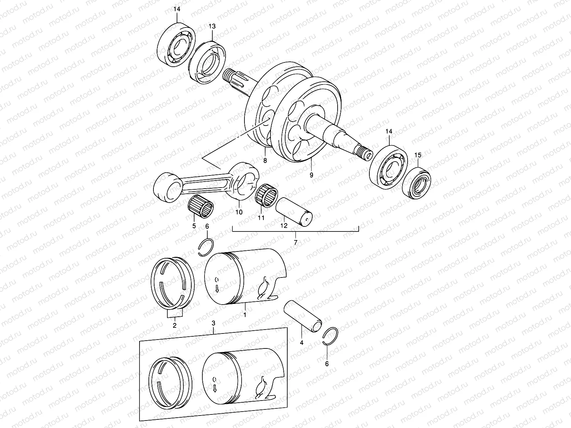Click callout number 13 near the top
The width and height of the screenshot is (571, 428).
[212, 27]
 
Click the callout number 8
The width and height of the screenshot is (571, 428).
[265, 160]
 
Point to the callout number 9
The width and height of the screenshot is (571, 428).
[311, 175]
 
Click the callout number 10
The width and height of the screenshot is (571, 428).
[239, 212]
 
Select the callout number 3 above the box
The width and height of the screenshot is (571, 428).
[213, 323]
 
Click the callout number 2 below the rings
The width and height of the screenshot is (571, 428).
[175, 325]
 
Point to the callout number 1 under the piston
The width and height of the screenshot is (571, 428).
[245, 315]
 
